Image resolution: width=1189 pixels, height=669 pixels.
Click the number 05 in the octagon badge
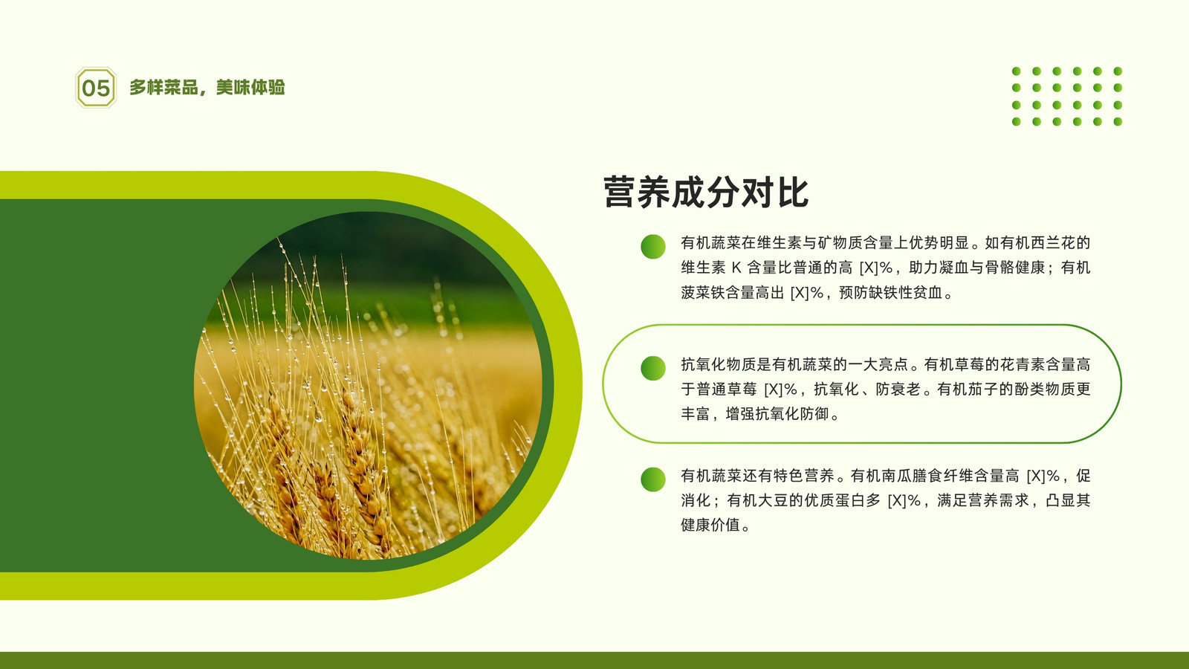tap(96, 88)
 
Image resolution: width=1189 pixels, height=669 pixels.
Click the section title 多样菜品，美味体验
tap(207, 87)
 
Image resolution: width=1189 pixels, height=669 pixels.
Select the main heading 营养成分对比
tap(706, 192)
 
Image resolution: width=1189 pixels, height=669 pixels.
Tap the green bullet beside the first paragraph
tap(653, 246)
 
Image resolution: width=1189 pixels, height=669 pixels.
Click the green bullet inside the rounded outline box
tap(653, 368)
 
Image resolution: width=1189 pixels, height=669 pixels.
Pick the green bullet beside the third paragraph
tap(653, 479)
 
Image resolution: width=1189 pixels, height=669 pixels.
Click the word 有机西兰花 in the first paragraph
tap(1037, 242)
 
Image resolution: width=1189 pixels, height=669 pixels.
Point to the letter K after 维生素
tap(736, 268)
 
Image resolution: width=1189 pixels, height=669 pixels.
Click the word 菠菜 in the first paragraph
tap(696, 293)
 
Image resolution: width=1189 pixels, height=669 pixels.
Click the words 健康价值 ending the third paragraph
tap(710, 525)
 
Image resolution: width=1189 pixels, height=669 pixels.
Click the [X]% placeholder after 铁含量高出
tap(807, 293)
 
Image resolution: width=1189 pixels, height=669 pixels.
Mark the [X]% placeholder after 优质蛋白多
tap(904, 500)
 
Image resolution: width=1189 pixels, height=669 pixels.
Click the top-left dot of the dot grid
tap(1017, 71)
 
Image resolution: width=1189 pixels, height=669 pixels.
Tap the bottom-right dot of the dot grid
tap(1118, 122)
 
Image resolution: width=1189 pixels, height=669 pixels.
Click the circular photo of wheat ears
tap(368, 385)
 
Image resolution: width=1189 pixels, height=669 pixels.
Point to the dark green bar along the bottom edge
tap(594, 661)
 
